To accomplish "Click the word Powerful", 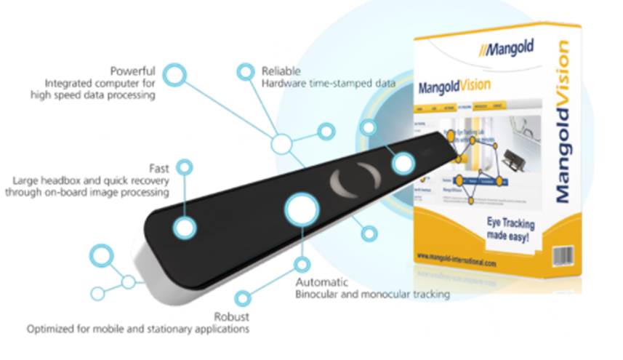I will pos(132,71).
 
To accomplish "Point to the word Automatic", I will pos(322,281).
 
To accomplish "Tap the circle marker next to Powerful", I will pos(174,75).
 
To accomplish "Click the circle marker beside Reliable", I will pos(246,72).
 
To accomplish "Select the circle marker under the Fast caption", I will pos(185,168).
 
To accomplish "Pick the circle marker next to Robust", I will pos(244,298).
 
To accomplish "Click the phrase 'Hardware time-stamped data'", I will pos(329,84).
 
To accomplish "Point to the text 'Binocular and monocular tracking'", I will pos(372,295).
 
